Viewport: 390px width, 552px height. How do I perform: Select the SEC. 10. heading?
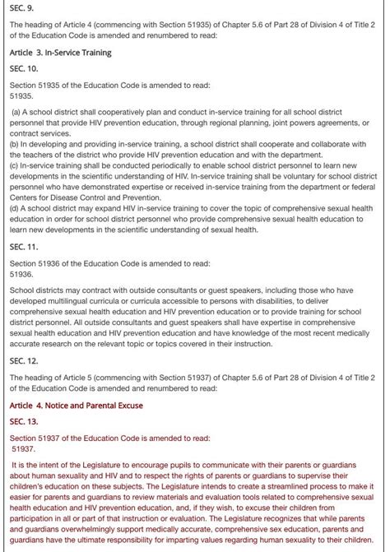23,68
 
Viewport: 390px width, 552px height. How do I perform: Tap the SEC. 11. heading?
23,246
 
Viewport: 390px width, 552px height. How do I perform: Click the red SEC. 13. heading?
23,421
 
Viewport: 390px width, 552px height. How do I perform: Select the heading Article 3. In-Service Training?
60,53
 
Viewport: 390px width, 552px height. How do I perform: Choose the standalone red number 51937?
24,449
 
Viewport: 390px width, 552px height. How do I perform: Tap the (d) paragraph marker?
15,207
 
